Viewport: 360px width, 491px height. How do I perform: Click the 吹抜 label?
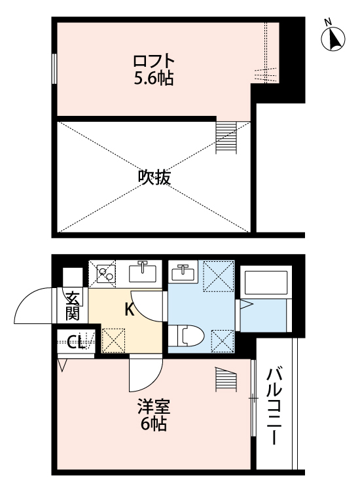tap(154, 177)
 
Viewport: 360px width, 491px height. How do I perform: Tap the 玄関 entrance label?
tap(72, 305)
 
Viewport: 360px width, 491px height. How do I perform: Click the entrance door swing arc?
tap(33, 305)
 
